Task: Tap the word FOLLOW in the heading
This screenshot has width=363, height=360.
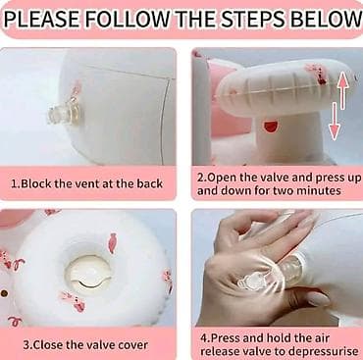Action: click(x=130, y=20)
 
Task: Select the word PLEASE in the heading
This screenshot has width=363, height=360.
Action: click(x=41, y=20)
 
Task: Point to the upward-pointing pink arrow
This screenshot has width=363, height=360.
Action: click(x=342, y=90)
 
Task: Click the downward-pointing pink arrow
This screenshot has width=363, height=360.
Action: click(x=334, y=121)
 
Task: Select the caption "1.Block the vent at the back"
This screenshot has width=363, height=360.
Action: click(x=86, y=183)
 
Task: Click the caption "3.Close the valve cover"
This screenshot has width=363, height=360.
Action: click(x=85, y=345)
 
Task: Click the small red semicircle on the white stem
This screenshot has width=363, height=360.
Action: click(x=270, y=127)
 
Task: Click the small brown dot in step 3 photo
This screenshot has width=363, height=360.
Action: click(x=4, y=293)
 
